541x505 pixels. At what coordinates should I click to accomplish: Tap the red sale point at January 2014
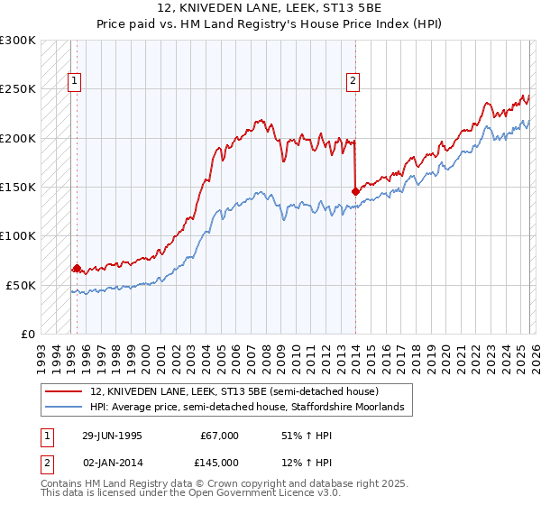[x=355, y=191]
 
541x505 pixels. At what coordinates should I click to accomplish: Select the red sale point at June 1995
[x=77, y=268]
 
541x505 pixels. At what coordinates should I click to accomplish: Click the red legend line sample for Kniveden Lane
[x=63, y=392]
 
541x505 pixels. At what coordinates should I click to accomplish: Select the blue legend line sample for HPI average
[x=63, y=408]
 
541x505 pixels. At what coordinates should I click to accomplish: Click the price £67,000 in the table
[x=220, y=435]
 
